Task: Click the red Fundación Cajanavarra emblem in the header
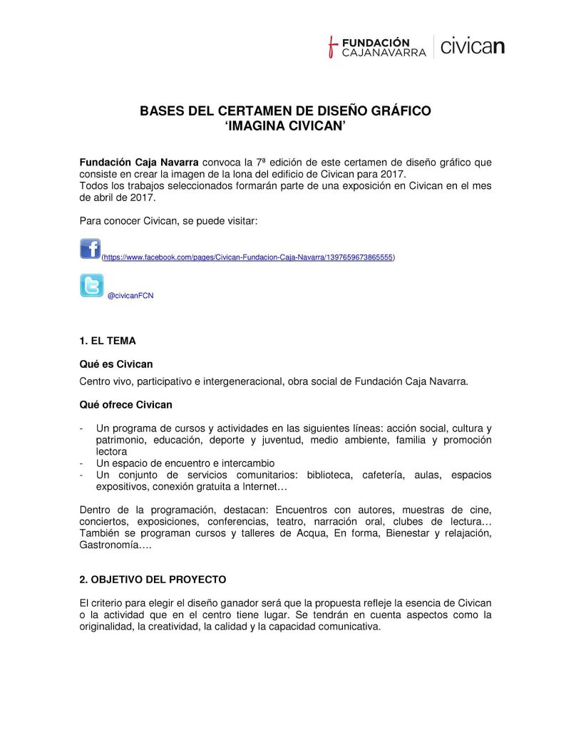tap(331, 47)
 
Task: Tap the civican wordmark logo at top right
tap(473, 47)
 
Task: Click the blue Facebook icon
tap(91, 249)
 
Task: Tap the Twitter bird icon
tap(91, 286)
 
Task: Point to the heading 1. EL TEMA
tap(108, 341)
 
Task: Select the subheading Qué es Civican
tap(116, 364)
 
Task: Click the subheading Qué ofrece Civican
tap(125, 405)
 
